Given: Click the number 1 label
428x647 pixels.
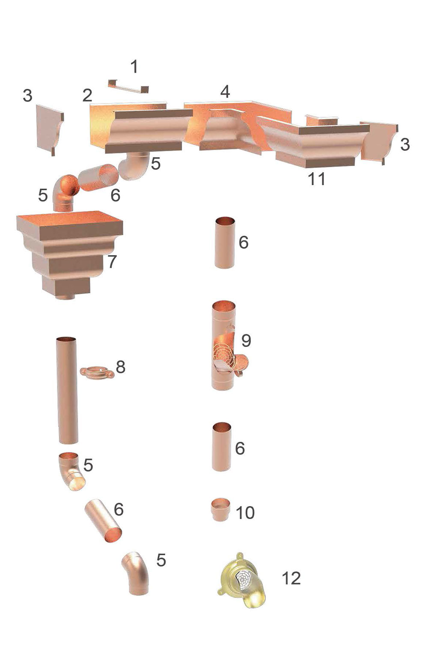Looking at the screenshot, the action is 134,66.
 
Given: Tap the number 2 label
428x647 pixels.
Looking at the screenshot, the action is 87,95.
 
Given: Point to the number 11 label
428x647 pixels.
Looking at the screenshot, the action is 317,179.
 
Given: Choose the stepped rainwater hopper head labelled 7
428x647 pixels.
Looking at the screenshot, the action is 70,255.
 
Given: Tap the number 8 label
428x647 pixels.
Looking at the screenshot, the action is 120,367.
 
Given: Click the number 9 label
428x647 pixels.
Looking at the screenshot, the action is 246,340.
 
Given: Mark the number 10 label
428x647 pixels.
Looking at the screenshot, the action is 245,513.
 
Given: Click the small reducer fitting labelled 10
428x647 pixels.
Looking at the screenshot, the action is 221,509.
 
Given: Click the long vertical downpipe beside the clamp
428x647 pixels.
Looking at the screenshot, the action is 67,390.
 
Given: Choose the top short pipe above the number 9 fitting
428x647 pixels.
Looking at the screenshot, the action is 225,243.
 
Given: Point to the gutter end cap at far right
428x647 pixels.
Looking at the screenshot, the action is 379,142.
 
